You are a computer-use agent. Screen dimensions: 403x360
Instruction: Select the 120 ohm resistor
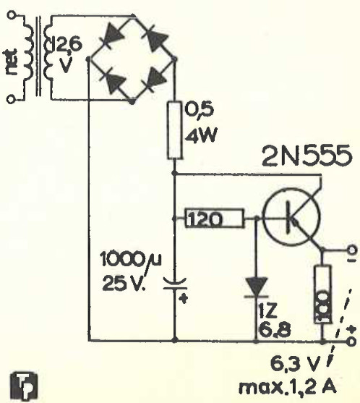(205, 217)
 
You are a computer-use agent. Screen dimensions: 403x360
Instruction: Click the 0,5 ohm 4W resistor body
(173, 130)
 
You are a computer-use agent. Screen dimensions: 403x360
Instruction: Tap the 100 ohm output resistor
(322, 294)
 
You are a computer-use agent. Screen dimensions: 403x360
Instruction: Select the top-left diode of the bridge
(111, 36)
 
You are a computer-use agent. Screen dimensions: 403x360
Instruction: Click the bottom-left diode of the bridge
(110, 81)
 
